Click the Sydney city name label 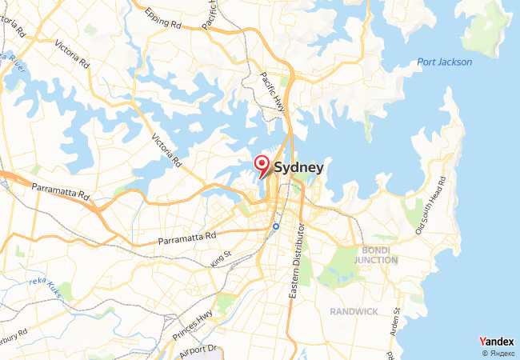pos(298,168)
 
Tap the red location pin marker pos(262,166)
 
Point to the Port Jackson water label pos(445,62)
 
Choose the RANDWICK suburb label pos(356,310)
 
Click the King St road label pos(221,258)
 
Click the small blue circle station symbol pos(275,226)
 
